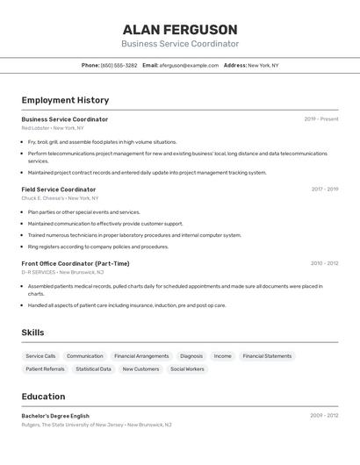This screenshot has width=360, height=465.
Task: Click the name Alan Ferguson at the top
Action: [180, 29]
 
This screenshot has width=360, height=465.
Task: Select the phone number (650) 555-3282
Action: [119, 65]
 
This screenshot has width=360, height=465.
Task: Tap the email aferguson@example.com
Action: [189, 65]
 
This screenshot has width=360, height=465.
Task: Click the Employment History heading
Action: [65, 100]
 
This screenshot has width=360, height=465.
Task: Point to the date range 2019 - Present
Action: [321, 119]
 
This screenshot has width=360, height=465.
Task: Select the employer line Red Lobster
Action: [54, 128]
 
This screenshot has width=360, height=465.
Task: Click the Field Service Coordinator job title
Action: [59, 190]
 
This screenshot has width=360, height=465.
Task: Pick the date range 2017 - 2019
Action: [325, 190]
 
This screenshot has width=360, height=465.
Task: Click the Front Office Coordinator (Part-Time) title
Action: [76, 263]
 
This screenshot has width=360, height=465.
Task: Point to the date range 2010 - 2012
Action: [325, 263]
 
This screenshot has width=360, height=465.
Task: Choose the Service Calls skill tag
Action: [40, 356]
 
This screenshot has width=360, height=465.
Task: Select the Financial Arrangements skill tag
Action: [141, 356]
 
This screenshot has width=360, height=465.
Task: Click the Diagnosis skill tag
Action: [191, 356]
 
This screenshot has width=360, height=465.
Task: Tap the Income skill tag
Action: [223, 356]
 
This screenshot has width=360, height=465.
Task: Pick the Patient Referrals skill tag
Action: [45, 369]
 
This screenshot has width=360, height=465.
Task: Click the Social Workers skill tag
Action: [187, 369]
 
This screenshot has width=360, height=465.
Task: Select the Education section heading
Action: [44, 397]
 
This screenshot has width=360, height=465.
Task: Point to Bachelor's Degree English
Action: [55, 416]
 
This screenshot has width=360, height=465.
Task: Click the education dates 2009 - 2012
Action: [324, 416]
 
